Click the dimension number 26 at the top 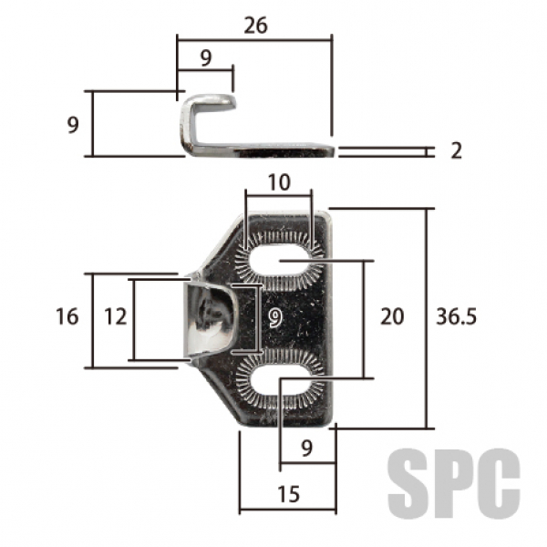click(x=255, y=26)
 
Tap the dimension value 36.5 click(x=458, y=316)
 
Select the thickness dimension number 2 click(x=456, y=150)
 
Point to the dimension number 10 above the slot click(x=279, y=182)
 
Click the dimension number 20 click(x=391, y=316)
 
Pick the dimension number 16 click(x=67, y=316)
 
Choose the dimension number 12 click(x=115, y=316)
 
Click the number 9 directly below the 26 click(x=205, y=58)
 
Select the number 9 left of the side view click(x=73, y=124)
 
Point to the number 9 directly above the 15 click(x=306, y=448)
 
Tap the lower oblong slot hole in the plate click(x=280, y=377)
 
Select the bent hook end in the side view click(x=208, y=102)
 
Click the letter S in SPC click(x=408, y=480)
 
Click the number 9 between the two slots click(x=274, y=317)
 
